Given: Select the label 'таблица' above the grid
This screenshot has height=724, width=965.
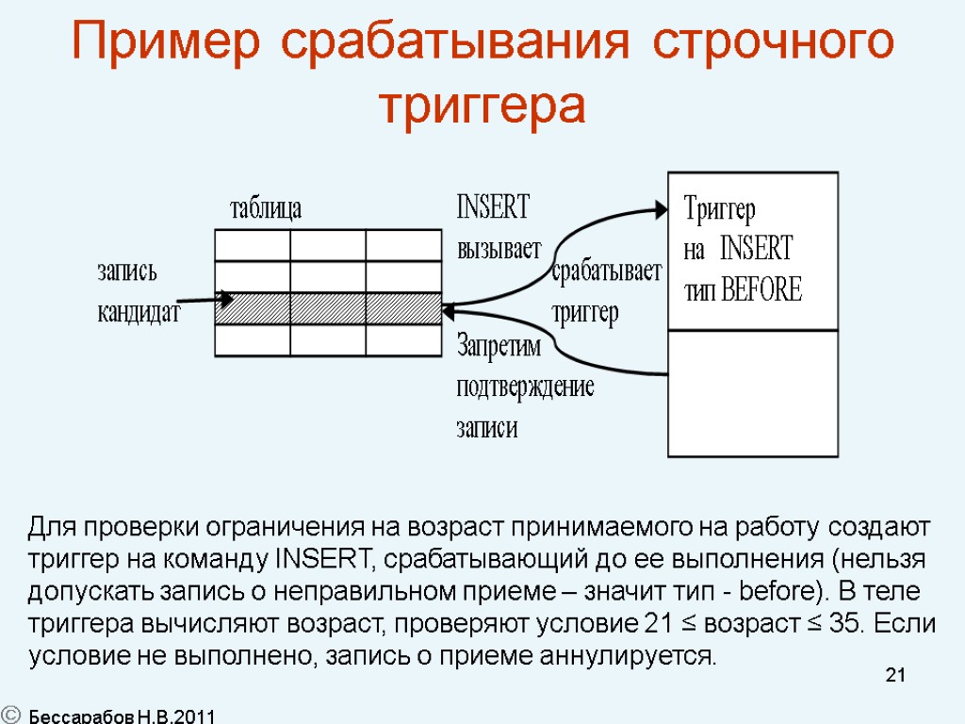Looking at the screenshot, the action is click(266, 208).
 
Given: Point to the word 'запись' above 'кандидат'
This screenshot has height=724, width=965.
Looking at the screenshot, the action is click(127, 271).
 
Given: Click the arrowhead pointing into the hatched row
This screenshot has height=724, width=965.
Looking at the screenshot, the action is click(225, 299).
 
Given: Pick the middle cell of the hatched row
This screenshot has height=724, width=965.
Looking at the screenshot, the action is click(328, 308).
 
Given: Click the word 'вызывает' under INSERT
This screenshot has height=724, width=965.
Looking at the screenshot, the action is click(499, 249).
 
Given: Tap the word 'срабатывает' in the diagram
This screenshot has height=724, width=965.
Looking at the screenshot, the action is click(607, 271).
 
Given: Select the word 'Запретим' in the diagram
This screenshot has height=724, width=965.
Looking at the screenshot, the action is click(499, 346).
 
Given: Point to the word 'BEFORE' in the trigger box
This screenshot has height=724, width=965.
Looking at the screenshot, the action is click(761, 290).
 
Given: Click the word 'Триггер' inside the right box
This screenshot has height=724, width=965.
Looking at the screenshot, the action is click(719, 207).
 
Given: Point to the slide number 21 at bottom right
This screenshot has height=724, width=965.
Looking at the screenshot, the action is click(895, 675).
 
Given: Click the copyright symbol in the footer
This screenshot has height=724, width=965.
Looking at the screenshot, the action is click(12, 715).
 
